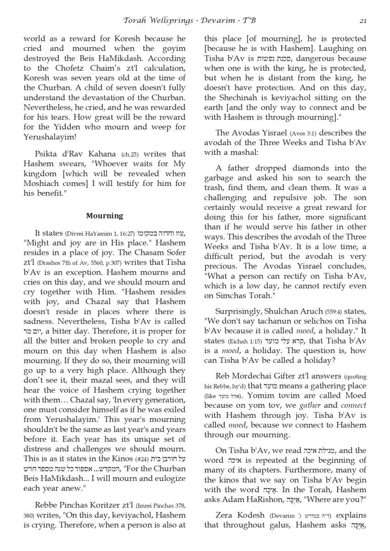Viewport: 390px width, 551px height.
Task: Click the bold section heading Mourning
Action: point(104,215)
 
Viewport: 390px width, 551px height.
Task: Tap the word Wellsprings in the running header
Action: point(172,20)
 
